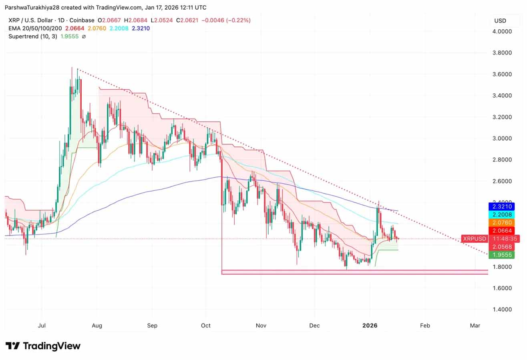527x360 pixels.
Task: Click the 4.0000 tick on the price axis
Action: pyautogui.click(x=503, y=31)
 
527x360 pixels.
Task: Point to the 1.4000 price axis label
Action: pyautogui.click(x=503, y=310)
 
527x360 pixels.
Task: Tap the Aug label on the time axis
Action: pyautogui.click(x=97, y=326)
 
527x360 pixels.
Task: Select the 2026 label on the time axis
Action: pyautogui.click(x=370, y=326)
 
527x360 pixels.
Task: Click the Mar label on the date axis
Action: pyautogui.click(x=475, y=326)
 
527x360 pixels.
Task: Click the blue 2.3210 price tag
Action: pyautogui.click(x=503, y=207)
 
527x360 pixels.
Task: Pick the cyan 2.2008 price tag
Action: pyautogui.click(x=503, y=215)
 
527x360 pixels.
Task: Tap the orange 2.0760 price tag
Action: pyautogui.click(x=503, y=222)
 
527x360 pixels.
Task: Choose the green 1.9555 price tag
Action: pyautogui.click(x=503, y=255)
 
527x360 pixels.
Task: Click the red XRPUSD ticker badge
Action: pyautogui.click(x=475, y=239)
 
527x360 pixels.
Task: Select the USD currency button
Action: pyautogui.click(x=500, y=21)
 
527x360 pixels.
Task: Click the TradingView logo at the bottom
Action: pyautogui.click(x=43, y=346)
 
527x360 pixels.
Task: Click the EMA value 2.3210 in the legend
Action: pyautogui.click(x=141, y=28)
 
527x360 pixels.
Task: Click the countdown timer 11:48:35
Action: pyautogui.click(x=503, y=239)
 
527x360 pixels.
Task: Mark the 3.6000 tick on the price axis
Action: pyautogui.click(x=503, y=74)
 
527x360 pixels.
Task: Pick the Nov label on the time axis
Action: pyautogui.click(x=261, y=326)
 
